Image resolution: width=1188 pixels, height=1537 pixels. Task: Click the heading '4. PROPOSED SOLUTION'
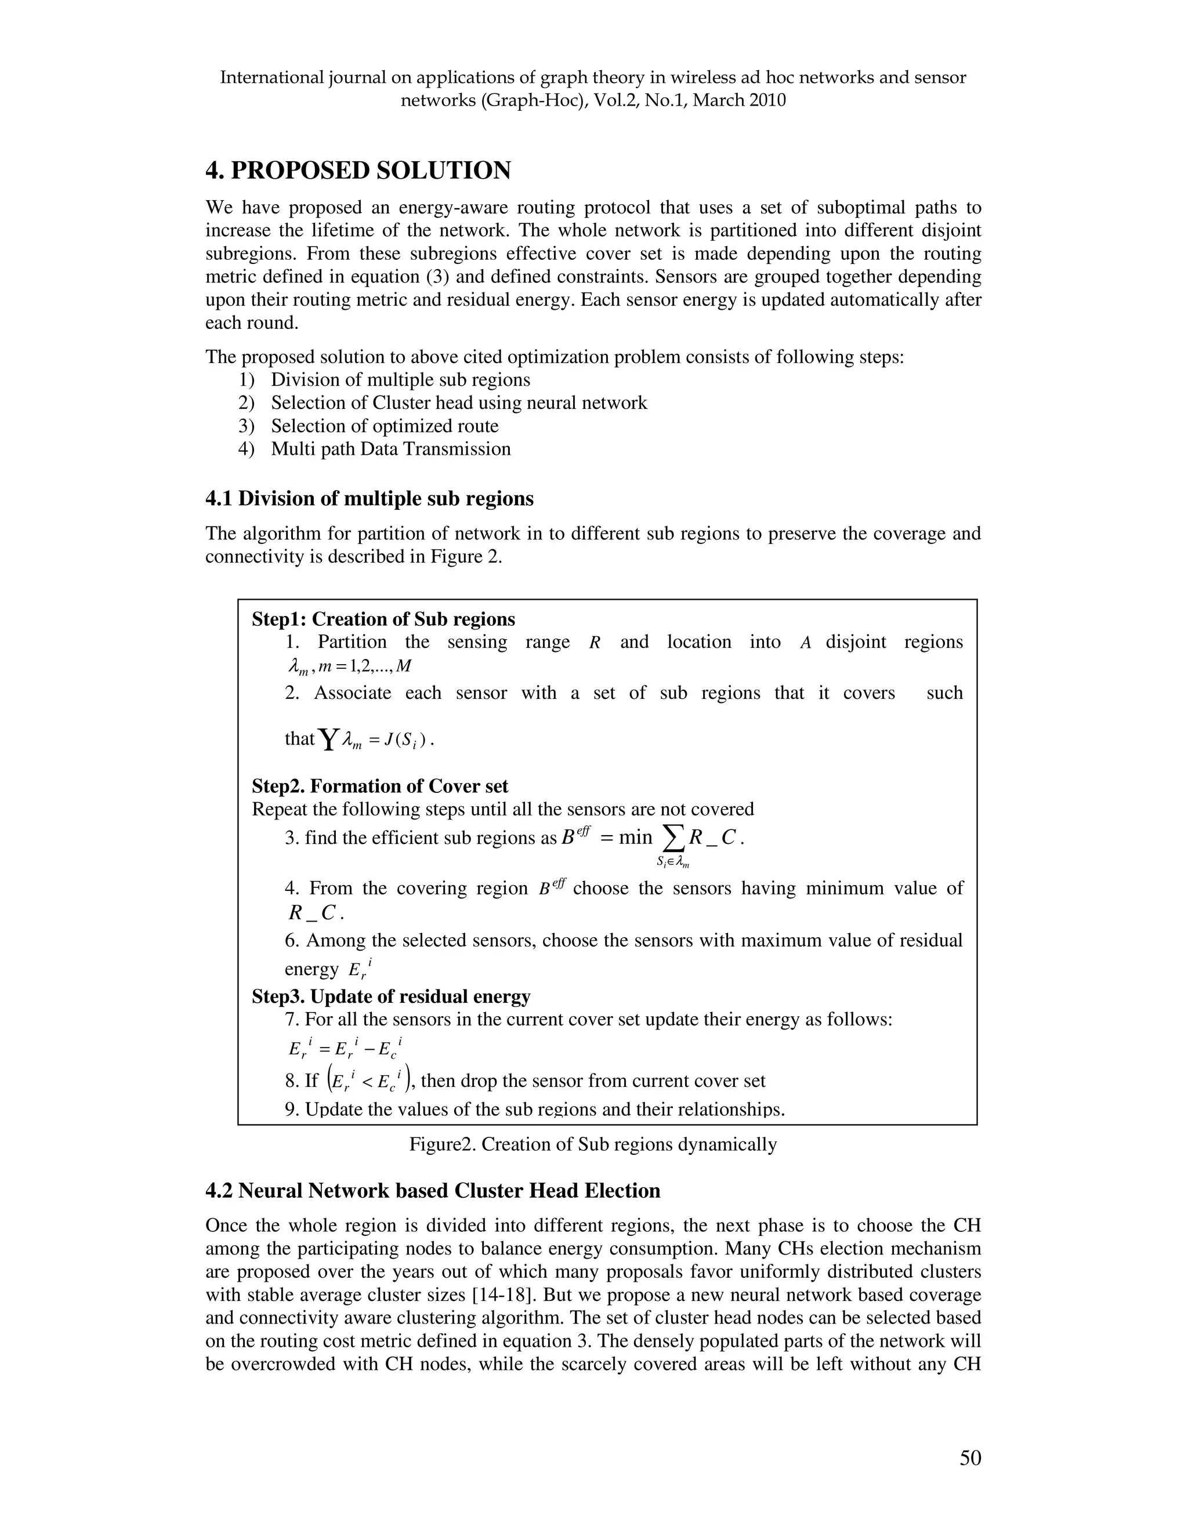tap(357, 171)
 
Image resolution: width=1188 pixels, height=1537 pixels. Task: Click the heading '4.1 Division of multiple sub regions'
tap(370, 499)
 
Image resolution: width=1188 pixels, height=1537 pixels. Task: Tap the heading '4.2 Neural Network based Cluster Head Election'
tap(433, 1191)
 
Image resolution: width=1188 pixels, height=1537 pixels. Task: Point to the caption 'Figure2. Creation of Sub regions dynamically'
tap(593, 1144)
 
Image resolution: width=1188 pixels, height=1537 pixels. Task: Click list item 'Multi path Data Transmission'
tap(390, 449)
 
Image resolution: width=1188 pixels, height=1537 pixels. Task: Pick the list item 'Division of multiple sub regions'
tap(400, 380)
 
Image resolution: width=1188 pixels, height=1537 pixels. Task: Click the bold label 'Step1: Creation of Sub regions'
tap(383, 619)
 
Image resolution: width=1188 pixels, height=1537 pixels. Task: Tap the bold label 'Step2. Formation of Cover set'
tap(380, 786)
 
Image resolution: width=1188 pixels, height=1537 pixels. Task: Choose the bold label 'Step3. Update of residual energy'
tap(390, 996)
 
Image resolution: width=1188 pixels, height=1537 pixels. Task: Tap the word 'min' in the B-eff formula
tap(636, 837)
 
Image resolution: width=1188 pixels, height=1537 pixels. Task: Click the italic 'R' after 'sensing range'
tap(594, 643)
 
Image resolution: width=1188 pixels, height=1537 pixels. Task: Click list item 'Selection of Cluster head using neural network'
tap(459, 403)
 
